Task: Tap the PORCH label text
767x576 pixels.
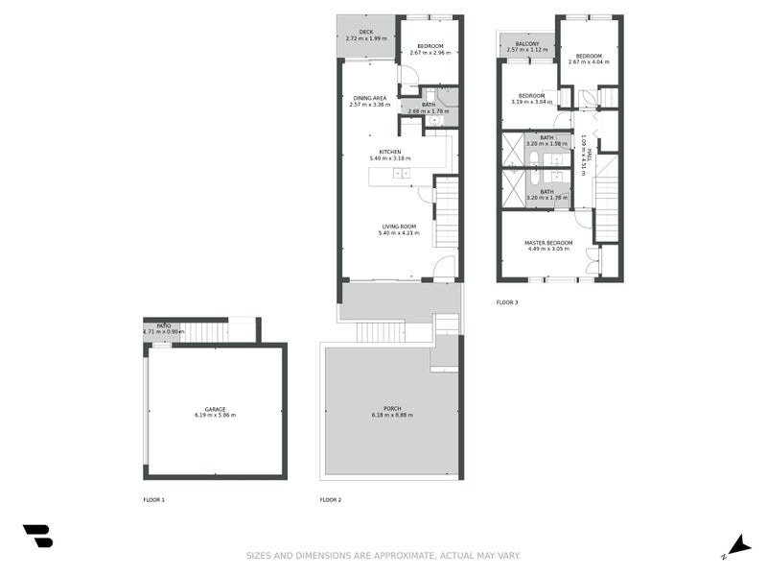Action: point(392,409)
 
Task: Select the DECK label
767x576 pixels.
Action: point(365,33)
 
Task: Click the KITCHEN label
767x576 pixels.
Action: point(389,152)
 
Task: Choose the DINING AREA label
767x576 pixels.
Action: point(369,98)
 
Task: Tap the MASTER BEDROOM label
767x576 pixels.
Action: point(547,243)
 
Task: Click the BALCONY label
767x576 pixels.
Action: point(527,44)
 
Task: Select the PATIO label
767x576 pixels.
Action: point(164,326)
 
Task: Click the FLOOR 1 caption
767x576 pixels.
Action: point(153,500)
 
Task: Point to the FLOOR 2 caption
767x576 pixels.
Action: point(330,500)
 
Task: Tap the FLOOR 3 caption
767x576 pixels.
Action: point(506,302)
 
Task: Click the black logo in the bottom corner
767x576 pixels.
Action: point(37,536)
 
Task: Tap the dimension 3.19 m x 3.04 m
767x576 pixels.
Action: point(531,102)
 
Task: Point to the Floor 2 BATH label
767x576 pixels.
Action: point(428,105)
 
